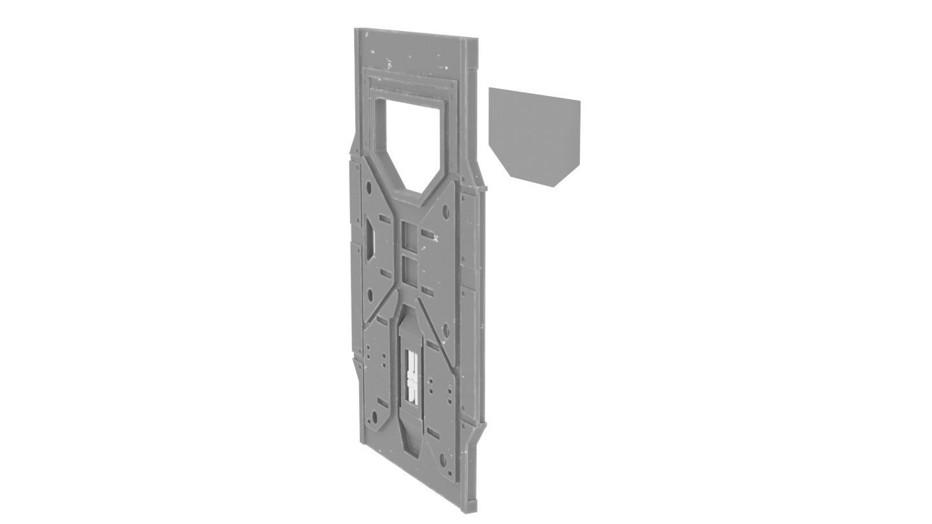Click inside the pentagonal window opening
410,139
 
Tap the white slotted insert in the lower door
412,376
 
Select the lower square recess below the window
408,271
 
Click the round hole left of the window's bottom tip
368,188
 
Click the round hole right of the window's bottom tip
445,212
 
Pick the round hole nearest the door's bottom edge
443,462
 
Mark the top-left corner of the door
355,29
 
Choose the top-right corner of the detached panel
579,101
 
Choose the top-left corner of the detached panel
490,89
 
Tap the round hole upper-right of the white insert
445,331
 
